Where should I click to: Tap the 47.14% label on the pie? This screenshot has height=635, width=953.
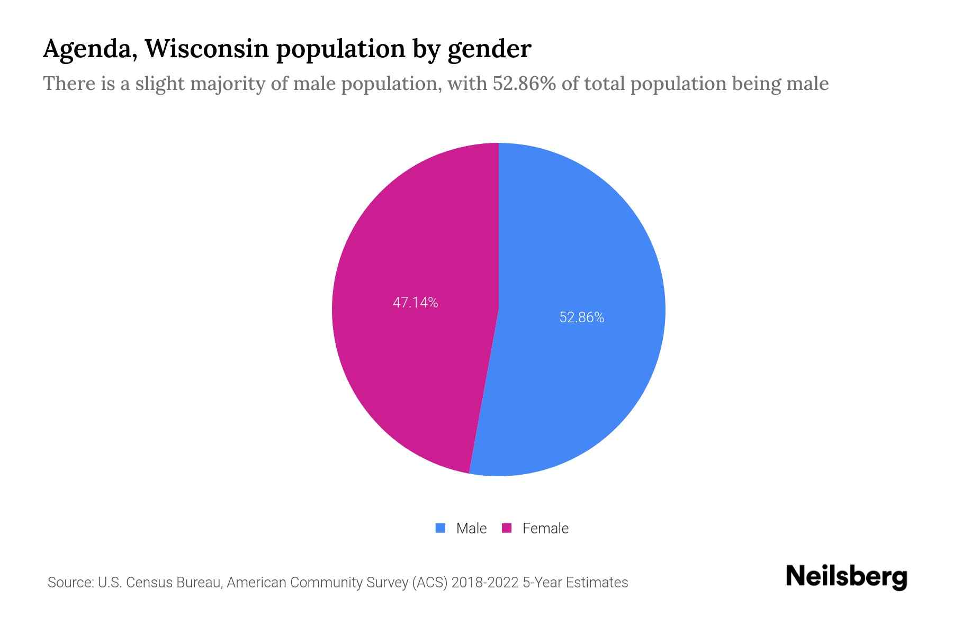415,303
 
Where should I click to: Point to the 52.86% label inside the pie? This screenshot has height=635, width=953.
581,317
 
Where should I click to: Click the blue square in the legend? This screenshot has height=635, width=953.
440,528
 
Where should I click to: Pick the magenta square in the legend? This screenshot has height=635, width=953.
507,528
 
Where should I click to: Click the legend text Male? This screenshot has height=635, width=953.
471,528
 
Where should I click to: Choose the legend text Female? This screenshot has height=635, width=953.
545,528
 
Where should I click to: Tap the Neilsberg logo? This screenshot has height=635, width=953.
846,577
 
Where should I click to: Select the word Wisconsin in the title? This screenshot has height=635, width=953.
206,48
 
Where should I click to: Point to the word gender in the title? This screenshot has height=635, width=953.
489,49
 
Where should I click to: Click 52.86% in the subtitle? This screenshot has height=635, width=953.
524,84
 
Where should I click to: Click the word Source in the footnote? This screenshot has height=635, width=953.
69,583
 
